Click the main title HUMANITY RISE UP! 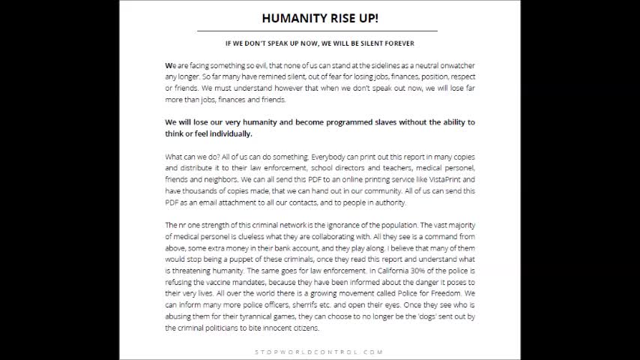(319, 18)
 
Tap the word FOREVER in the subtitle (398, 43)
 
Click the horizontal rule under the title (319, 31)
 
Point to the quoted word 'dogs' (420, 316)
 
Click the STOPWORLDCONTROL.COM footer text (319, 352)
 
